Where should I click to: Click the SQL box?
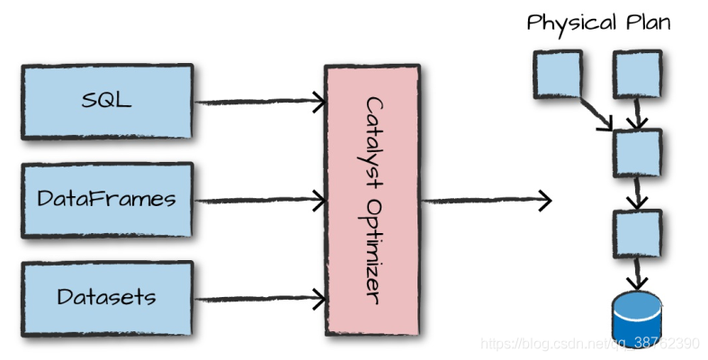click(107, 100)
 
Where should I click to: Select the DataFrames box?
click(107, 199)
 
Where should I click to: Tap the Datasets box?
click(107, 298)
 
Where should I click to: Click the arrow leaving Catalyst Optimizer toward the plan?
click(486, 200)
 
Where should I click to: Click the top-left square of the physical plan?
click(558, 73)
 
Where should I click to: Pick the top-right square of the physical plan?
click(637, 73)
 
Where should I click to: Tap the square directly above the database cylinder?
click(637, 233)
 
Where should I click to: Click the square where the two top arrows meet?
click(637, 152)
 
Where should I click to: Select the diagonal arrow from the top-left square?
click(596, 108)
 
